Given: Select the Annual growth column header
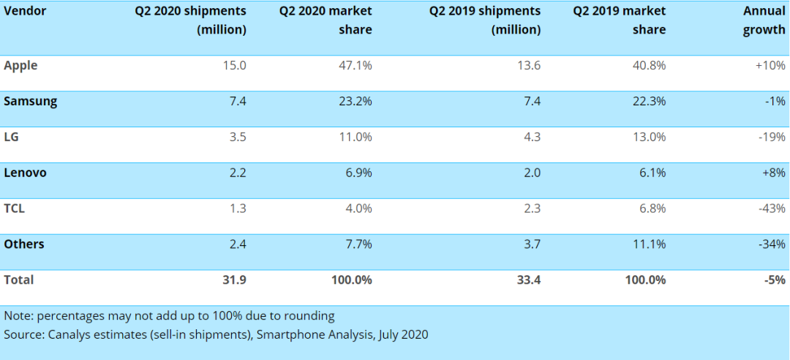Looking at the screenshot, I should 764,20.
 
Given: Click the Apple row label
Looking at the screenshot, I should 20,65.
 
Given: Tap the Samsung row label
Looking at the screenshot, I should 30,101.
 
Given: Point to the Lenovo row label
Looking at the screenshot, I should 26,173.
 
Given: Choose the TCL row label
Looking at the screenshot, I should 14,209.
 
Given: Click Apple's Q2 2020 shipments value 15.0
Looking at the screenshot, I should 236,65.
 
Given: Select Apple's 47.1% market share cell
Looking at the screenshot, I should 356,65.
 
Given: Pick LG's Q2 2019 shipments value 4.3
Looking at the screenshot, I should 531,137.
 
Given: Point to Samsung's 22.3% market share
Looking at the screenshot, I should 650,101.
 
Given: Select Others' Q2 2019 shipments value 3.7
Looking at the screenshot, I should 531,244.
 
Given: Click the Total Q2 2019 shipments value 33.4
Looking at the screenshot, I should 528,280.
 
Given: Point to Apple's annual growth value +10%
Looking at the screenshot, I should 771,65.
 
